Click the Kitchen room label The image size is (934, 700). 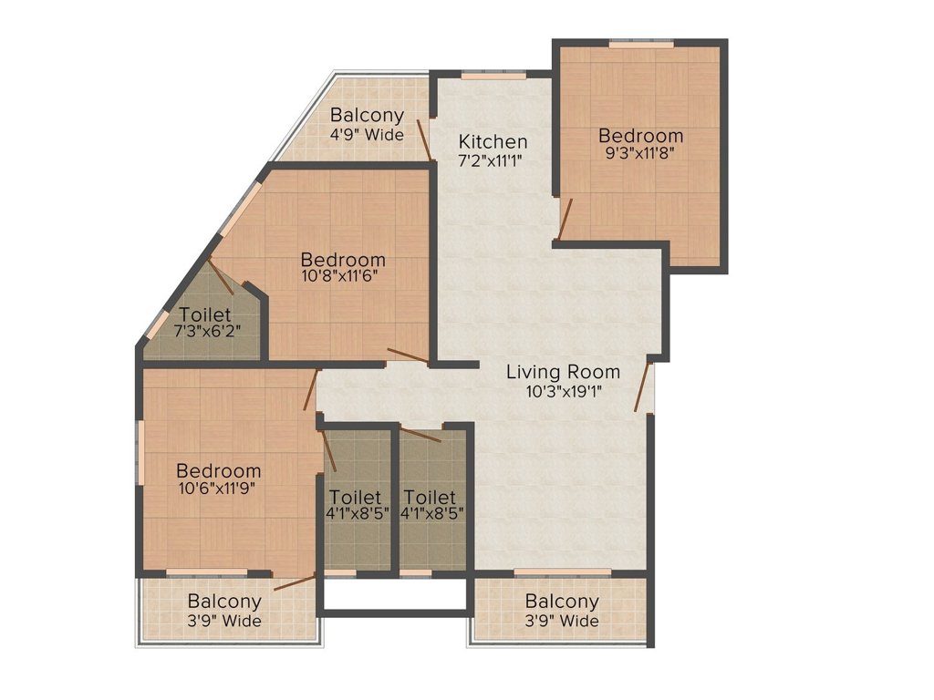pos(493,141)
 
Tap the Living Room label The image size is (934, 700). pos(563,372)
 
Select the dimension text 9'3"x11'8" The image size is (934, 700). pos(639,153)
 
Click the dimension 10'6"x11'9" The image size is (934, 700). pos(217,489)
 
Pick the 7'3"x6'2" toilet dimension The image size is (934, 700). pos(207,331)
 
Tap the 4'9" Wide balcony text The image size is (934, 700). pos(367,134)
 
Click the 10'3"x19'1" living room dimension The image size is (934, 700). pos(564,391)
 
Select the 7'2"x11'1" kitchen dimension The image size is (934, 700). pos(493,160)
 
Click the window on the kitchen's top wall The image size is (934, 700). pos(493,76)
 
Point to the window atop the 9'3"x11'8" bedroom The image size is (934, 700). pos(641,44)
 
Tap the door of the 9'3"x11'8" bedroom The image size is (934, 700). pos(565,219)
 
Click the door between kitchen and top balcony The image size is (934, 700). pos(423,139)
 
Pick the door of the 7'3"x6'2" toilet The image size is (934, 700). pos(221,277)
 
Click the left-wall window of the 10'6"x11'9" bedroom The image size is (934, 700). pos(141,451)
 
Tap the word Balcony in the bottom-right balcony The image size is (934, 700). pos(562,602)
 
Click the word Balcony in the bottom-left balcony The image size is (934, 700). pos(224,602)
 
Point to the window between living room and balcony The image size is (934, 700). pos(562,572)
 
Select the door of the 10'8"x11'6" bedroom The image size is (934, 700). pos(408,355)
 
